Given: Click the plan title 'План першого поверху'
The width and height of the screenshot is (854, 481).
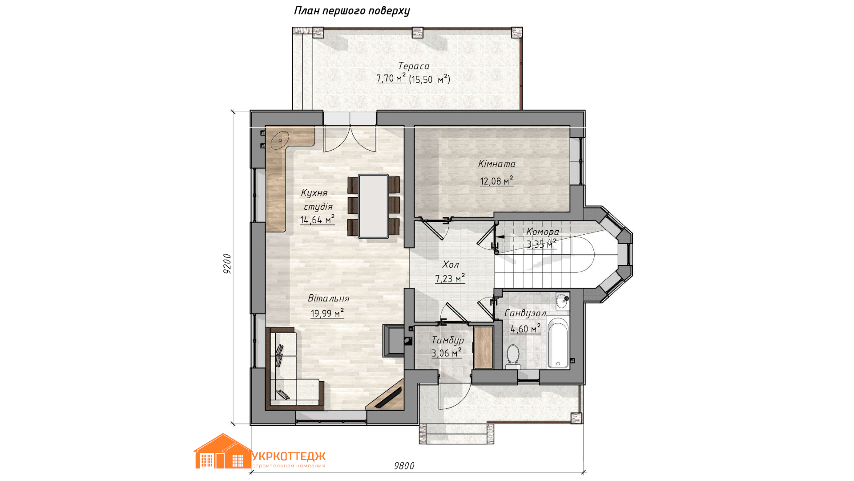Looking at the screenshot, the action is click(x=352, y=11).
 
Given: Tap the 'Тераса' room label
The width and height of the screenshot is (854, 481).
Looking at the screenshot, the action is click(x=414, y=66).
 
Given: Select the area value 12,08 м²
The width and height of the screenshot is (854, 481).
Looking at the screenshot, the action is click(x=496, y=180).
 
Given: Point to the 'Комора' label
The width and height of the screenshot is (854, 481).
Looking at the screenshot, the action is click(x=543, y=232).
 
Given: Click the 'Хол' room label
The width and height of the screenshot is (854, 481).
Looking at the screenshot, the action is click(x=450, y=264).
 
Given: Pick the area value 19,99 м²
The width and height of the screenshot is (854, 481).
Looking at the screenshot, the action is click(x=327, y=313).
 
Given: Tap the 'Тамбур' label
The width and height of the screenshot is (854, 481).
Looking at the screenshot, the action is click(x=447, y=340).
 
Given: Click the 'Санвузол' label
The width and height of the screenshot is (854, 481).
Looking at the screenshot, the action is click(x=525, y=313).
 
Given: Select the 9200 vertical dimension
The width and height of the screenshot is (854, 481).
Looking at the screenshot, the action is click(x=227, y=263).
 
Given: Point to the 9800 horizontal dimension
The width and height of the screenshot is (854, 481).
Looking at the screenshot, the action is click(x=404, y=465).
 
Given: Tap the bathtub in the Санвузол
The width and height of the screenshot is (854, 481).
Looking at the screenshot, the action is click(x=558, y=343).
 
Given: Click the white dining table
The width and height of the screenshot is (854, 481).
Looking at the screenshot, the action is click(x=374, y=206).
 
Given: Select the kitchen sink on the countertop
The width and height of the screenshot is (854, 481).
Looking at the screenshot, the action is click(x=281, y=140).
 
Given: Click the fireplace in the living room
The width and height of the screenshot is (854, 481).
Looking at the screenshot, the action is click(x=394, y=341).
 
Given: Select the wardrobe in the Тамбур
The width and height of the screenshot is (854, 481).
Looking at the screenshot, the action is click(x=483, y=348).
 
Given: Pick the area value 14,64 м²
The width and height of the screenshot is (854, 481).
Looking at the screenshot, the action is click(x=317, y=220).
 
